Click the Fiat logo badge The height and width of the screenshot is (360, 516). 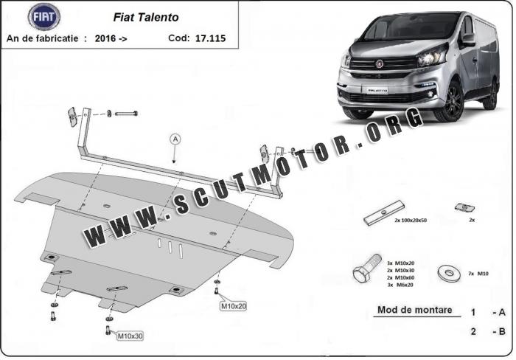pos(43,17)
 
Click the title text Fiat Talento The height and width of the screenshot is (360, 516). pos(146,17)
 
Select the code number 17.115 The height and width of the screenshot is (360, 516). pos(210,38)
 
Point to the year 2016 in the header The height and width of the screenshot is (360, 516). pos(105,38)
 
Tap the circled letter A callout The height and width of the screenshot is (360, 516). pos(175,139)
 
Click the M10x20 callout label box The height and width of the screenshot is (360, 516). pos(234,306)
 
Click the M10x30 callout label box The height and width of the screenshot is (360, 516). pos(130,336)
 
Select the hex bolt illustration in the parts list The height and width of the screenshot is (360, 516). pos(367,268)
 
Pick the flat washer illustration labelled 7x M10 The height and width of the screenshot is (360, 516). pos(448,274)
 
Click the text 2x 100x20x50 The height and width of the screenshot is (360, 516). pos(411,220)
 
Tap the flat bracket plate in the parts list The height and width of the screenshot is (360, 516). pos(384,212)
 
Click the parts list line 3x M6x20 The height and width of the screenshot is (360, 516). pos(400,285)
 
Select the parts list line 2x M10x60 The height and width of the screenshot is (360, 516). pos(400,277)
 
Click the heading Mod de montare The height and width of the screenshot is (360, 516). pos(414,310)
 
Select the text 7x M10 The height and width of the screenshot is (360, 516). pos(478,274)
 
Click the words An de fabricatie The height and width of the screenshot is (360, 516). pos(42,38)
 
